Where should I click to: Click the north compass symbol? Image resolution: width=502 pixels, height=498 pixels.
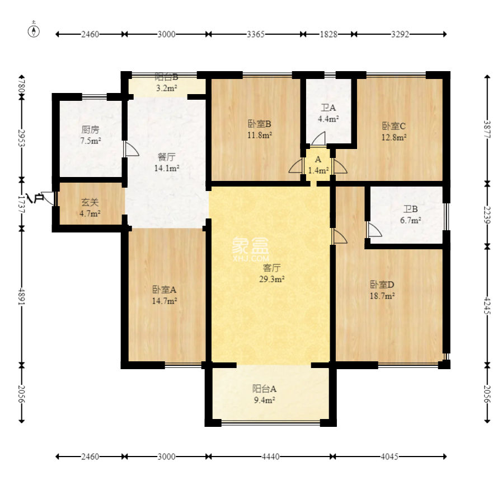34,31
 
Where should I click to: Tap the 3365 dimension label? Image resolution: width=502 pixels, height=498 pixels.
256,34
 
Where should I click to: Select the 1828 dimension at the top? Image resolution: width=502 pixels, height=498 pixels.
329,34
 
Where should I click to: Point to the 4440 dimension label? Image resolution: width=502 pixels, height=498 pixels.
271,457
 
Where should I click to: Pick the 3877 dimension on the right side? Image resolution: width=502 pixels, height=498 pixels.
487,129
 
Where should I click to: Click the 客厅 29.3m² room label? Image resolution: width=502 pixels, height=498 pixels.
272,273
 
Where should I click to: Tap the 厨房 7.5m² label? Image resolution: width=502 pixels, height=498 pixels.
91,135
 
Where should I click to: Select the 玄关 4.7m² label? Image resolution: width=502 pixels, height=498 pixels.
90,208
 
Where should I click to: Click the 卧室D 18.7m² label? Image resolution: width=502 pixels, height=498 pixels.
382,290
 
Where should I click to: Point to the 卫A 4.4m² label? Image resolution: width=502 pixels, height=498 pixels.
328,113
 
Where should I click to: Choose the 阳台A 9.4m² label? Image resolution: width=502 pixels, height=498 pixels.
265,394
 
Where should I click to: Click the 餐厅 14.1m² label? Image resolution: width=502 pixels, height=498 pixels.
166,162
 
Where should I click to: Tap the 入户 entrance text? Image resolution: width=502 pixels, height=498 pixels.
35,199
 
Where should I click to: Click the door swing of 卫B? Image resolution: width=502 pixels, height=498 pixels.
374,230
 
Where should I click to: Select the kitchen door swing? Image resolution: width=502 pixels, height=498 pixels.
132,150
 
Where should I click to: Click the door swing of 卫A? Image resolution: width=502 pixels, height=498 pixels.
318,138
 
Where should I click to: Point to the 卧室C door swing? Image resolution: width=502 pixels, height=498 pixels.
340,166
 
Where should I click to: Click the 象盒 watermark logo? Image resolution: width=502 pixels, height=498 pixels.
251,249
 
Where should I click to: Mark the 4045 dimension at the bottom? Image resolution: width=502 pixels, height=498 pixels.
390,457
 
